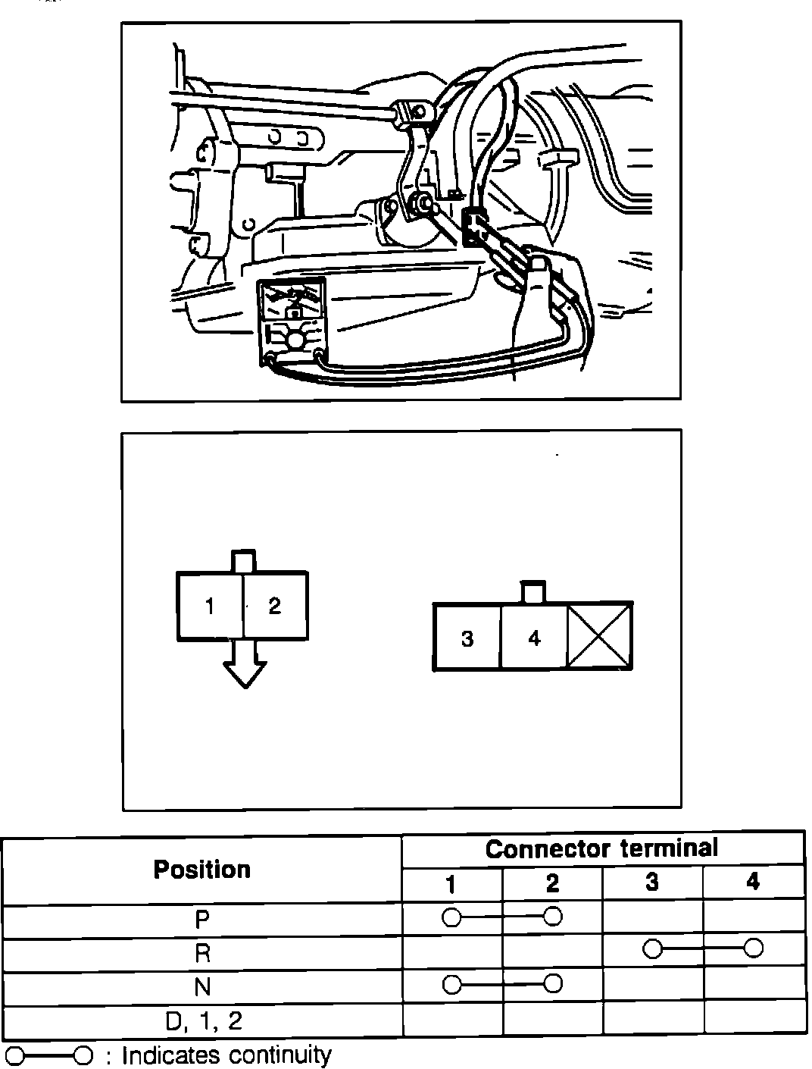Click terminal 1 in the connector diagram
click(210, 607)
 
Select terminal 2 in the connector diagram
click(274, 606)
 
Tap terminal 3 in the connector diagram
click(467, 639)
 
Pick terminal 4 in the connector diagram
click(534, 638)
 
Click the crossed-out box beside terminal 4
click(600, 636)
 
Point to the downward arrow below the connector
click(245, 666)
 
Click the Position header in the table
click(201, 870)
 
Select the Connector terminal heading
click(602, 848)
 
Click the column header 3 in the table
click(652, 883)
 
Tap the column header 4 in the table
click(752, 882)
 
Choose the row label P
click(201, 919)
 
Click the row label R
click(201, 953)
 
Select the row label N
click(201, 987)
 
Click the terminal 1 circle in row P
click(451, 917)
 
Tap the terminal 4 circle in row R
click(753, 948)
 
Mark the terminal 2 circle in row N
click(553, 984)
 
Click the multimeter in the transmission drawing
click(292, 319)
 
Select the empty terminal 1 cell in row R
click(451, 953)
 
